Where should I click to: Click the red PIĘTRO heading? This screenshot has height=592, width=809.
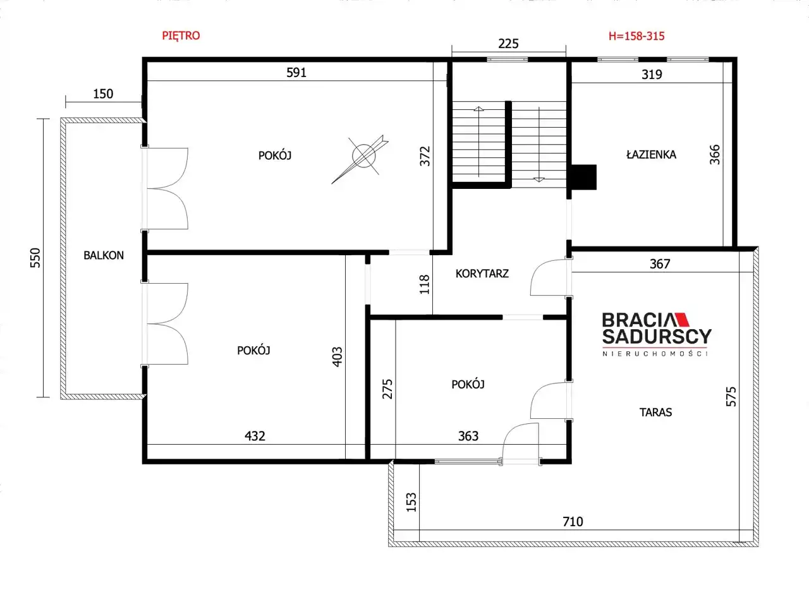point(181,36)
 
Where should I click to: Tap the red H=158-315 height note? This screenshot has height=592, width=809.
point(636,36)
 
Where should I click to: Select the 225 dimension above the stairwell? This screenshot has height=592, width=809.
point(508,44)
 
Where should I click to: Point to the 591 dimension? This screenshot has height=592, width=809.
point(296,73)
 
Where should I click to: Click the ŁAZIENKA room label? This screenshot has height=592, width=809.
point(651,155)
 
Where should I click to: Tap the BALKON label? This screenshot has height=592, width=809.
point(104,255)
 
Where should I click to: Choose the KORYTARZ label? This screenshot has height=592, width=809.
point(482,274)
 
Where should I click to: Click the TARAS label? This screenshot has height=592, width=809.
point(655,412)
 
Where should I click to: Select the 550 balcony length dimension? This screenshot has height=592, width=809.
point(35,258)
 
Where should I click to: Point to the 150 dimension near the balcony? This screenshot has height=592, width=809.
point(103,94)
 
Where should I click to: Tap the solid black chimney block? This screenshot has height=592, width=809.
point(583,178)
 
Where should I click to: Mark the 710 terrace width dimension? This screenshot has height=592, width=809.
point(573,522)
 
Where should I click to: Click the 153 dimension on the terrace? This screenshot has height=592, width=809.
point(411,502)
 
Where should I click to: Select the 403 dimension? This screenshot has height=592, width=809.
point(337,357)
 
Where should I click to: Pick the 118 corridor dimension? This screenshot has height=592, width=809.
point(425,284)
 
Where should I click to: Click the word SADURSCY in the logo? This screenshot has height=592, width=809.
point(657,337)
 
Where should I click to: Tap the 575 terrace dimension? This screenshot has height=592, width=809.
point(731,397)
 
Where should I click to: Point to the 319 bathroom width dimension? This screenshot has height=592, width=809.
point(652,75)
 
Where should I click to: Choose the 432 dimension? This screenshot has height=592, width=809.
point(255,436)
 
